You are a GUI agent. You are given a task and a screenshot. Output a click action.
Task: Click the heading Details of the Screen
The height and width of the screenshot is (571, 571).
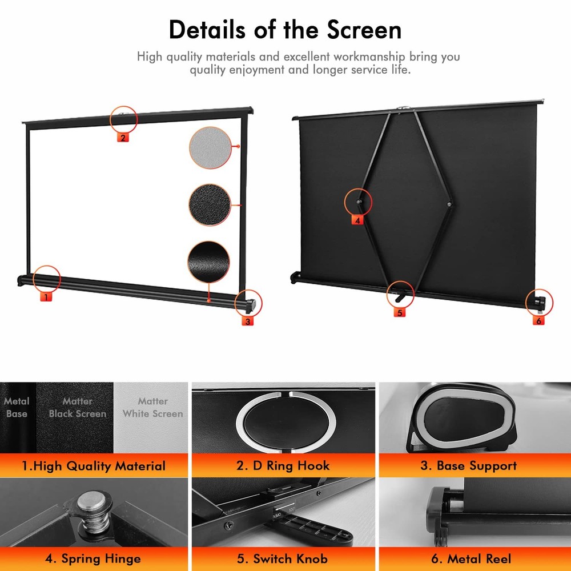285,29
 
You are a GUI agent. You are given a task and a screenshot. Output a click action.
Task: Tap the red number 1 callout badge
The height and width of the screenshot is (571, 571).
45,296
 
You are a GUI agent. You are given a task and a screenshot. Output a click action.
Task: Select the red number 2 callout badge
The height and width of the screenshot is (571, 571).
123,136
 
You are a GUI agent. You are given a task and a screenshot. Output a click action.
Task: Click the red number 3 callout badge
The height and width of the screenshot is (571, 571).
247,321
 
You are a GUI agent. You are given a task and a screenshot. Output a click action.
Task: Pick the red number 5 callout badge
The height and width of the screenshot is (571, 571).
399,312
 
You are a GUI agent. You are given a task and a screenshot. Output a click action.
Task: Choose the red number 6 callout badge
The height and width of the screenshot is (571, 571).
538,321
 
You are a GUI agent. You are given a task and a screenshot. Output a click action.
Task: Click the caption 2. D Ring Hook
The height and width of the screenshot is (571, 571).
283,466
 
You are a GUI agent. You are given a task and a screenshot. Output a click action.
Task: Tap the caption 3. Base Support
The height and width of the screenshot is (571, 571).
468,466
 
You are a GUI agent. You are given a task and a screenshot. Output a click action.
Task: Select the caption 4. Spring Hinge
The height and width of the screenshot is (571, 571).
93,558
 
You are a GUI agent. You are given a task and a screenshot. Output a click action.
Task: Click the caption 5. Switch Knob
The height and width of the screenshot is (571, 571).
283,558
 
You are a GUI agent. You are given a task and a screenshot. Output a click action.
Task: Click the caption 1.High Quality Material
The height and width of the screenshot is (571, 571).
93,466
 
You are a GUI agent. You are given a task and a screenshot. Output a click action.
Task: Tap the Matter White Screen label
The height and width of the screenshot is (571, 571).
152,408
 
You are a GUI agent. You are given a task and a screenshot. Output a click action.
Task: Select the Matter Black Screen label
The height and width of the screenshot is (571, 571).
77,408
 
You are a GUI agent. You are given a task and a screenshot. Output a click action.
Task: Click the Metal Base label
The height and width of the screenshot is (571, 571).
17,408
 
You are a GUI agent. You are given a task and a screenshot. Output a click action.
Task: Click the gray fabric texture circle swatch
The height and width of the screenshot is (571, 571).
209,147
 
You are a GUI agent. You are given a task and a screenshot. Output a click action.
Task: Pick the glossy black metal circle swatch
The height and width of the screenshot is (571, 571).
208,262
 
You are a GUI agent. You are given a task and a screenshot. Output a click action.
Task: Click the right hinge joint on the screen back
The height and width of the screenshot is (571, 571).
450,204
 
